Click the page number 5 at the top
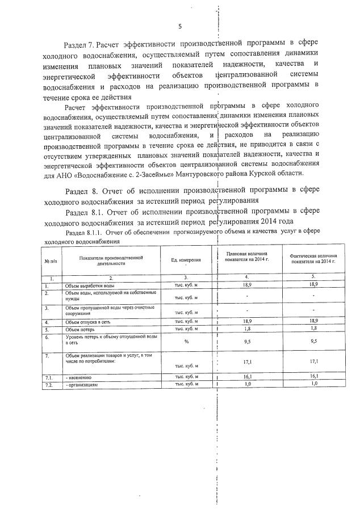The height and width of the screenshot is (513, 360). pyautogui.click(x=179, y=27)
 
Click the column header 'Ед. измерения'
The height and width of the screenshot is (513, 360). pyautogui.click(x=186, y=260)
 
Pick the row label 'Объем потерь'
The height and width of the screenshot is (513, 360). pyautogui.click(x=77, y=329)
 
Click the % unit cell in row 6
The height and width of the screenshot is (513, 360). pyautogui.click(x=186, y=342)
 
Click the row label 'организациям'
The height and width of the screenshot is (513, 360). pyautogui.click(x=83, y=384)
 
